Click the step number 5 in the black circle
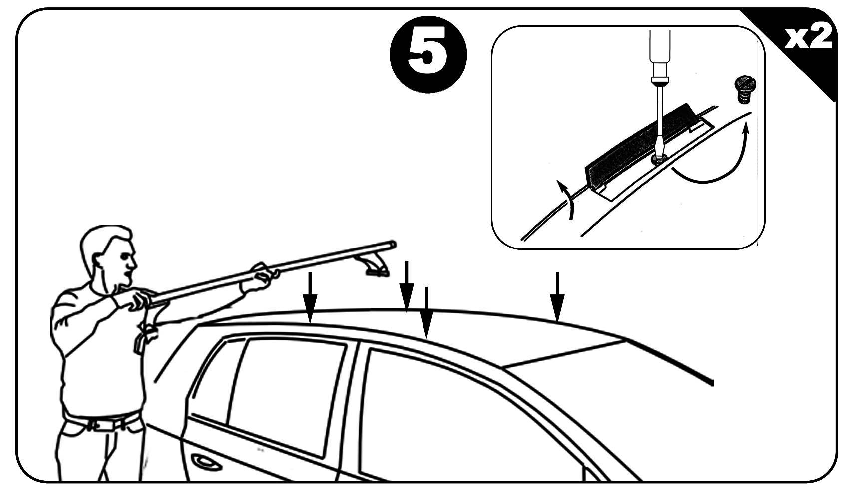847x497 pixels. (428, 54)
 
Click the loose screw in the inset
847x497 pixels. (744, 89)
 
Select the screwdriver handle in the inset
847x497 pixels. (660, 53)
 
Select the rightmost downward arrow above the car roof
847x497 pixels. (557, 297)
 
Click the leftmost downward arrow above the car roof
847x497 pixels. (310, 298)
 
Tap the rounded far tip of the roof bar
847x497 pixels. (393, 245)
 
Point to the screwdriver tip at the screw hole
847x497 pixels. (659, 158)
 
